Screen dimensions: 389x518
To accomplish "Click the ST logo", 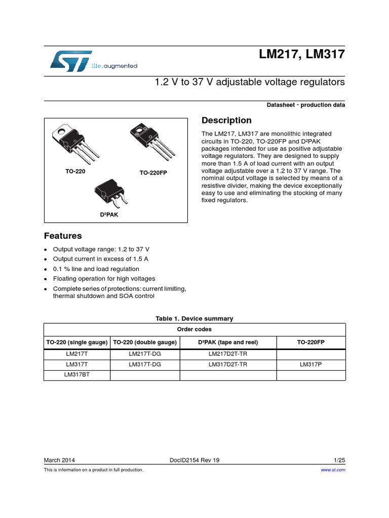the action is coord(71,60).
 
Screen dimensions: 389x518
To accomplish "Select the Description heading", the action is coord(226,120).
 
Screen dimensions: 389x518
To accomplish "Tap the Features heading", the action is coord(63,236).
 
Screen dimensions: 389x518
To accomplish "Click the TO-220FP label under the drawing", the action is coord(153,173).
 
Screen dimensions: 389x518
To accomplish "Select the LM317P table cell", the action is coord(311,364).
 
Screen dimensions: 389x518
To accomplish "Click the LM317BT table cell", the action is coord(77,375).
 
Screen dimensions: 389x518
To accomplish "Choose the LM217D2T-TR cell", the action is coord(228,354).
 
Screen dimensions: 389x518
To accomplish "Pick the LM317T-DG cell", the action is coord(145,364).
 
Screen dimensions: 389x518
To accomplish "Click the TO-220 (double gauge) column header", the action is coord(145,342).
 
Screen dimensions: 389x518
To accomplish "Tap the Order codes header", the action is coord(194,329).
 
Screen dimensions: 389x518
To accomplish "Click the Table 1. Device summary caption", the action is coord(194,319).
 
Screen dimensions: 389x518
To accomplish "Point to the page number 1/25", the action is coord(339,460).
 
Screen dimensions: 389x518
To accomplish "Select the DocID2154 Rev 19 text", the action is coord(194,460).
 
